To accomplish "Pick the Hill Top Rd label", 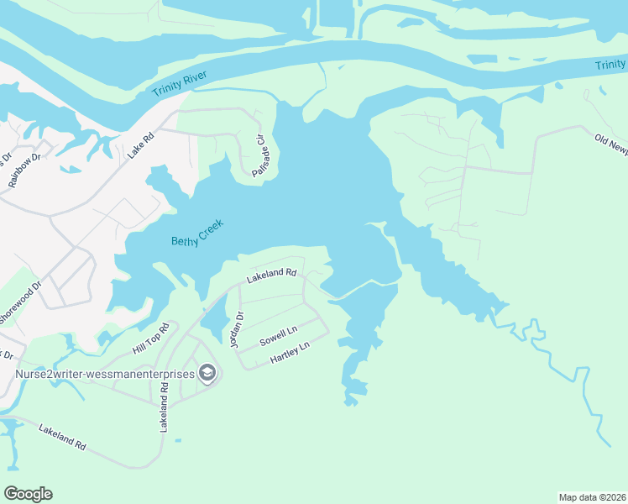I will click(151, 338).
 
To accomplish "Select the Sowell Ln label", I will click(279, 338).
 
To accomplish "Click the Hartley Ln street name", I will click(290, 352).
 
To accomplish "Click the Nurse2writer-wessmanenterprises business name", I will click(104, 373).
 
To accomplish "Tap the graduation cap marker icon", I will click(207, 373).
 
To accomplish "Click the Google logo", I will click(28, 494).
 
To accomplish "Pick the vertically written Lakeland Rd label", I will click(165, 409).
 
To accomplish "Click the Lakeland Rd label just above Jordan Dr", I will click(271, 275).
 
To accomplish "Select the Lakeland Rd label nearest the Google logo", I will click(63, 438).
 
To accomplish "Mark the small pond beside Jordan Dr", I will click(214, 318).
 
